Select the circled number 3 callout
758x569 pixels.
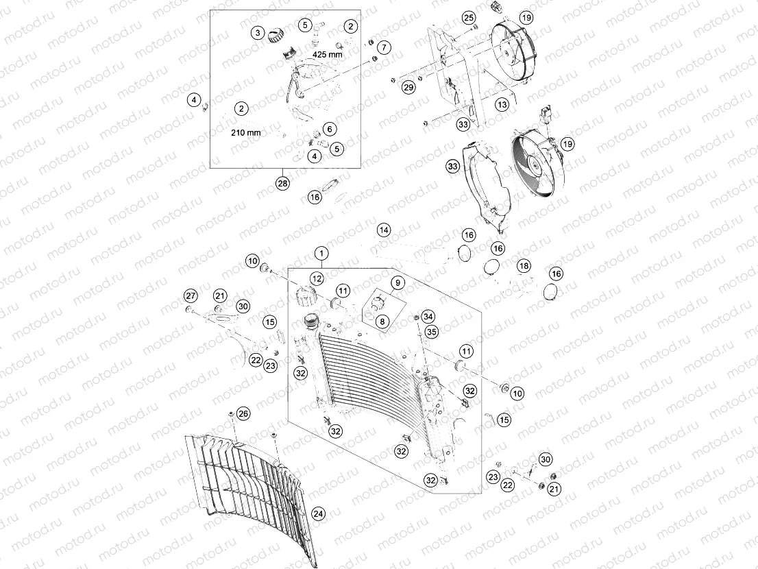click(258, 32)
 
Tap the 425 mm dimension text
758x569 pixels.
click(327, 53)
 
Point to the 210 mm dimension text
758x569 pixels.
click(245, 133)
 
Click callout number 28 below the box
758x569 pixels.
click(282, 183)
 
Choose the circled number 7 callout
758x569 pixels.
click(382, 47)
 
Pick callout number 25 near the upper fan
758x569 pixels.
click(468, 17)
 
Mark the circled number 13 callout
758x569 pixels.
click(502, 104)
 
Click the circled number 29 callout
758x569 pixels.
click(408, 87)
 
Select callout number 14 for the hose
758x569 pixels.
click(384, 229)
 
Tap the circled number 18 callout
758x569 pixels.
click(524, 265)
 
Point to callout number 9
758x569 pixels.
click(398, 282)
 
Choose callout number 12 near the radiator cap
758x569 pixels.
click(316, 278)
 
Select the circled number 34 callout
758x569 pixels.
click(428, 316)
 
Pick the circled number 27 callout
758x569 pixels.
click(190, 295)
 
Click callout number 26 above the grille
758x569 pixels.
click(244, 413)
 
